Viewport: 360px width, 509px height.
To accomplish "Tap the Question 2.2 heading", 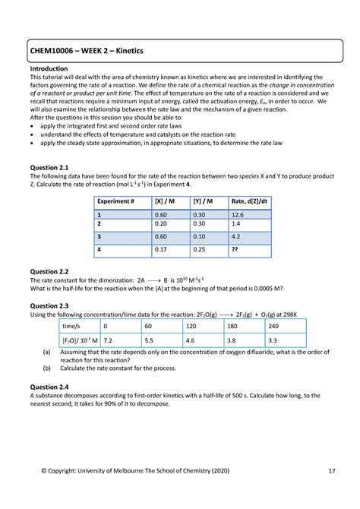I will [49, 270].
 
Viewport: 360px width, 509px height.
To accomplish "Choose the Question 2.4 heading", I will [49, 386].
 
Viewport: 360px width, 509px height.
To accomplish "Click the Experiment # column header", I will [116, 201].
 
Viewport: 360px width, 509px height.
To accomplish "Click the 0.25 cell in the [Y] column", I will [200, 248].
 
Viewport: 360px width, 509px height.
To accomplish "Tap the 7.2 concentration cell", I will [109, 342].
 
